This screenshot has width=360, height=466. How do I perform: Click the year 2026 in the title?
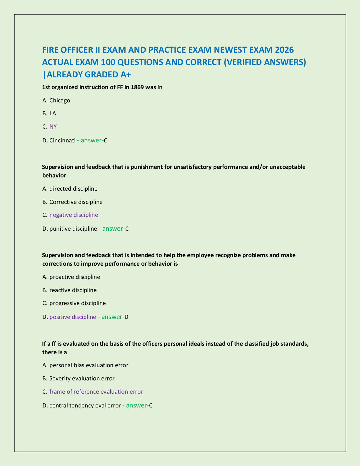(x=284, y=50)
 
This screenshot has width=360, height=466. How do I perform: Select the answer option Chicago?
(x=60, y=100)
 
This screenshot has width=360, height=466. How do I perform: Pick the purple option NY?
(x=53, y=127)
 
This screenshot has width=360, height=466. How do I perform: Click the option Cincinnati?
(x=62, y=140)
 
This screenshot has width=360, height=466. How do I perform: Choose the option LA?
(x=53, y=113)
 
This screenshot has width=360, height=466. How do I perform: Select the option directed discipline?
(x=73, y=189)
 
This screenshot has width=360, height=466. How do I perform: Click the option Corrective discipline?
(x=76, y=202)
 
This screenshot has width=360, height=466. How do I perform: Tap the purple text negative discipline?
(x=74, y=215)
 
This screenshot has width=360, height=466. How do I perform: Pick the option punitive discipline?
(x=73, y=229)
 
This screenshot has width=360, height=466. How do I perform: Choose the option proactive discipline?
(x=75, y=277)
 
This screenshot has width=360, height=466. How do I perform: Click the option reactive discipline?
(x=73, y=290)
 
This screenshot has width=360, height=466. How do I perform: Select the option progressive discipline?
(x=78, y=303)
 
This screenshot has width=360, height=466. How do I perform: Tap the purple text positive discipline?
(x=73, y=317)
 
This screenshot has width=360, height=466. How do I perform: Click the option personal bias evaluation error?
(x=89, y=365)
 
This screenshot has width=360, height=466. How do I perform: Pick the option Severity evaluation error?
(x=82, y=378)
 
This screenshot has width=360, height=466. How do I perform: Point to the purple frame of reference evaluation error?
(x=96, y=392)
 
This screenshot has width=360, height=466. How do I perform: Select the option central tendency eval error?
(x=85, y=405)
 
